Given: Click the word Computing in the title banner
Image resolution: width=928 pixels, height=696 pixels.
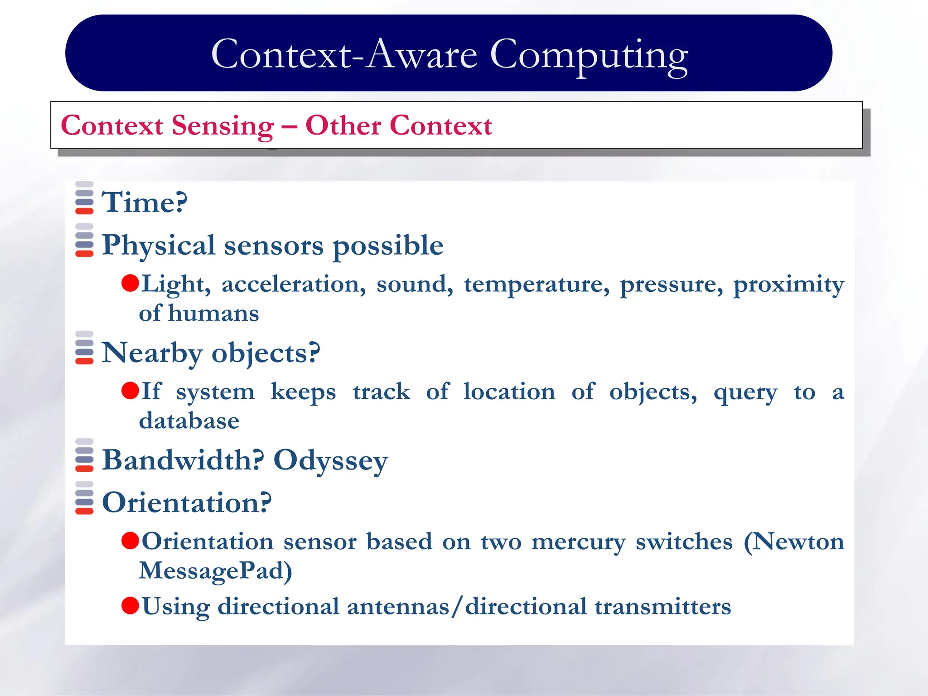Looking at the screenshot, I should click(x=589, y=55).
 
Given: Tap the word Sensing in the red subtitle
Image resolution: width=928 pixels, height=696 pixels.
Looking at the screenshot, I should click(x=222, y=126).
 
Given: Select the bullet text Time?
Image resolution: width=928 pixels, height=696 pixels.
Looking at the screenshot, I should click(x=144, y=202).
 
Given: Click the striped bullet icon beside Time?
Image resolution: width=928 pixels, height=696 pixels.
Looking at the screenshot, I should click(x=84, y=198).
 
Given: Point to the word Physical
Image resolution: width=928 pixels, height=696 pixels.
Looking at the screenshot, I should click(x=158, y=246).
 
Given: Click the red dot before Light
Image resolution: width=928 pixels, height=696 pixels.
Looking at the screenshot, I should click(x=130, y=283).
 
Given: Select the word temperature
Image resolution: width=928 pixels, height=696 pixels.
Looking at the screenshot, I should click(x=536, y=285).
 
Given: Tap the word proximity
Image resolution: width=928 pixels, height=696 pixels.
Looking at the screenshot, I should click(x=788, y=285).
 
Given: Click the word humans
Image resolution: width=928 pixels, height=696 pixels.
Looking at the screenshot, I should click(x=213, y=314).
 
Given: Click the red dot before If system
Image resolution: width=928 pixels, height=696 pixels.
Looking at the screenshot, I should click(x=130, y=391).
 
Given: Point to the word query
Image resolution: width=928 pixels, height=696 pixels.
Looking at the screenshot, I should click(x=745, y=392).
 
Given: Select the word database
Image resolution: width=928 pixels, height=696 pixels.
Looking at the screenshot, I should click(x=189, y=421).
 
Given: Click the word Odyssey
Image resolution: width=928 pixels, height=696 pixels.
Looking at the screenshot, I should click(x=331, y=461).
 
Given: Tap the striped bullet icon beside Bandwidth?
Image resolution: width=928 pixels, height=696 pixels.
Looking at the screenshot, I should click(x=84, y=455).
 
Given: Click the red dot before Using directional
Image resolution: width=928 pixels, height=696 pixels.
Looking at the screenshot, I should click(x=130, y=605).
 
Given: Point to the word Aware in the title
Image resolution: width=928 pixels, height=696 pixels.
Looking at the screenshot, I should click(x=421, y=55).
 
